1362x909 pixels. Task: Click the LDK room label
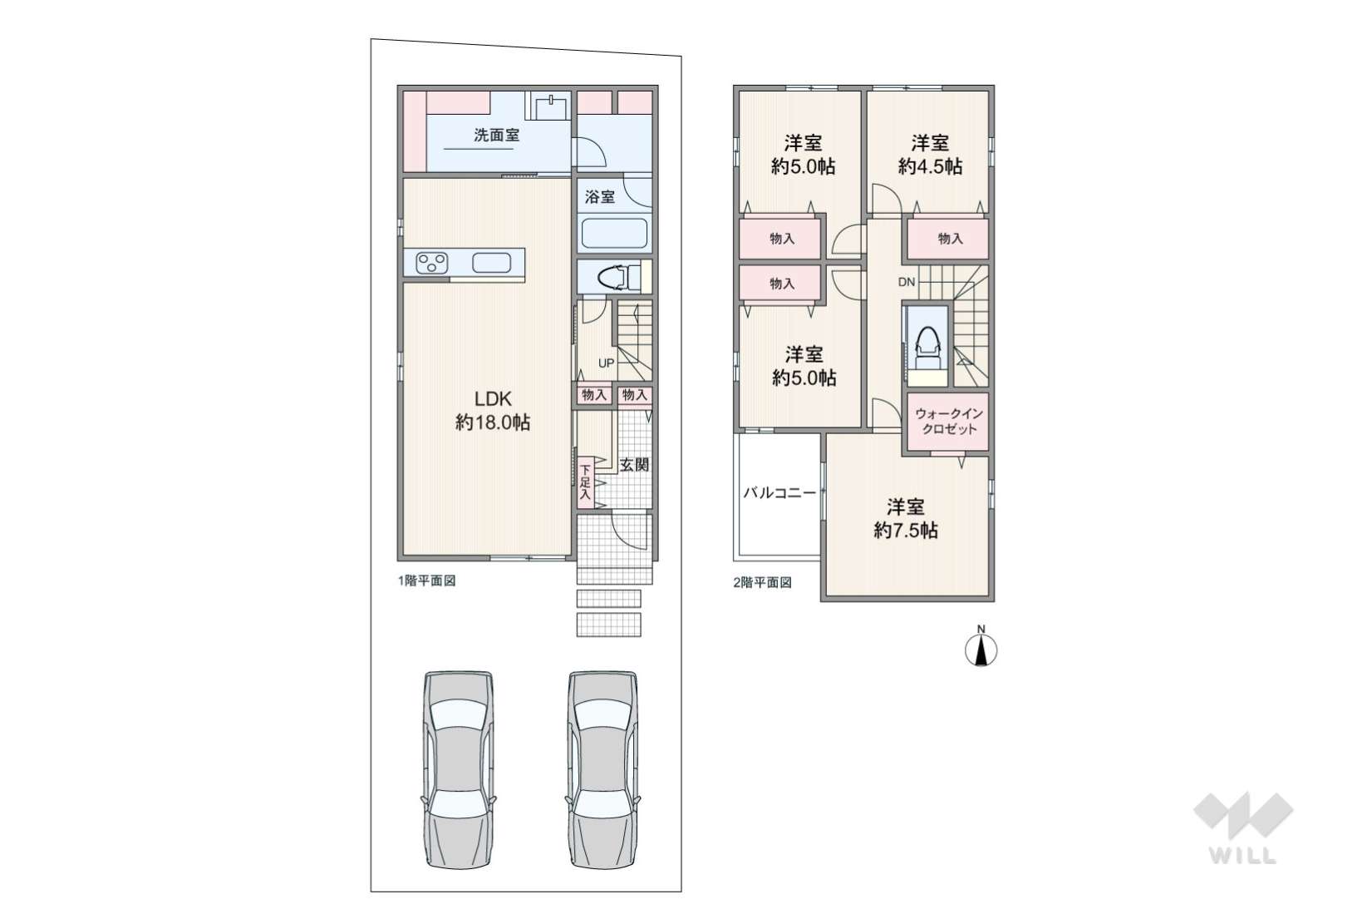(493, 399)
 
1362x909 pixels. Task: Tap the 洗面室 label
(497, 135)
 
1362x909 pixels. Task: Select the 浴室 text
(600, 196)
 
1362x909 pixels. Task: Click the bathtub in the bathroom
(614, 234)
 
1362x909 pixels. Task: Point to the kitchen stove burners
(432, 264)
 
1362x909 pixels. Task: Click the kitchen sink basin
(491, 263)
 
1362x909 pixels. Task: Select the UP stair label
(607, 363)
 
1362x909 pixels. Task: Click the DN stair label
(907, 282)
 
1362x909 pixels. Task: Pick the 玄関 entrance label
(635, 465)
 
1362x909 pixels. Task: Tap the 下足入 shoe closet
(585, 482)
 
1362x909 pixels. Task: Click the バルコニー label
(779, 493)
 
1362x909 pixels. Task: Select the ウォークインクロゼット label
(948, 421)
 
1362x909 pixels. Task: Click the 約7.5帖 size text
(906, 531)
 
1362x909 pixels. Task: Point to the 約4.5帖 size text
(930, 166)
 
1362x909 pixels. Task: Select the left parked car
(459, 769)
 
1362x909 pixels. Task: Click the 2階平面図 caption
(763, 582)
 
